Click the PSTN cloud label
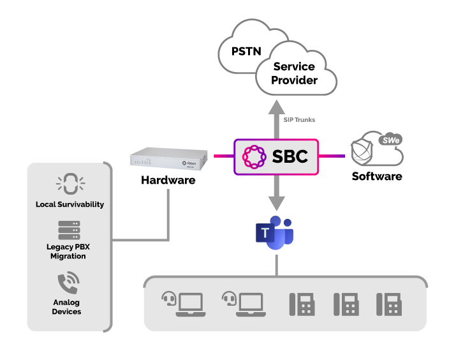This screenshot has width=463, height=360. point(246,51)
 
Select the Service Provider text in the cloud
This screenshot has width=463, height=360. point(295,73)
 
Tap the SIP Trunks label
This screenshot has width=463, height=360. point(299,120)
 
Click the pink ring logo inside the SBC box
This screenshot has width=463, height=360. point(254,157)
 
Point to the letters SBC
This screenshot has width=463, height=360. point(290,156)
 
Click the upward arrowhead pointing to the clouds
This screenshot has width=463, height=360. point(277,107)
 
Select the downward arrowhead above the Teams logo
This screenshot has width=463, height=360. point(277,204)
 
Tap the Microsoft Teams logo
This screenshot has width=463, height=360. point(275,232)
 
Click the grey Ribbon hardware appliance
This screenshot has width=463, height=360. point(168,158)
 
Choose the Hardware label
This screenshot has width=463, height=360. point(168,180)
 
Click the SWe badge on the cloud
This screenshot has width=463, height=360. point(390,140)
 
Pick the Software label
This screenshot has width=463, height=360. point(377,176)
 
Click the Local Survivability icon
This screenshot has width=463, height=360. point(71,184)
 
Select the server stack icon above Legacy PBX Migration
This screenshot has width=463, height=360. point(69,230)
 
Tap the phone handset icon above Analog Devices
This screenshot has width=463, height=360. point(68,283)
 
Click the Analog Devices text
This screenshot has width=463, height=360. point(66,307)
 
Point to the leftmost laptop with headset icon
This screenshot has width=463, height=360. point(184,304)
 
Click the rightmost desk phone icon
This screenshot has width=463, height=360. point(389,304)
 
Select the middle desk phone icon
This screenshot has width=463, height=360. point(346,304)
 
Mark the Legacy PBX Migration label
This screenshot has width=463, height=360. point(68,251)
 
